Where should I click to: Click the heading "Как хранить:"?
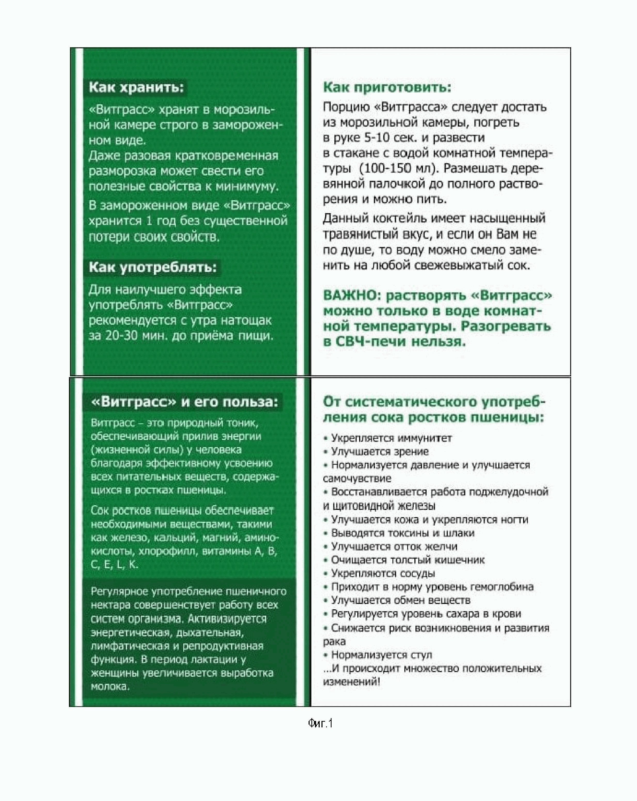[136, 88]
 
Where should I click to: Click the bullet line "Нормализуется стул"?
[381, 655]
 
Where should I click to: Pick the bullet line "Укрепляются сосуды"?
[383, 573]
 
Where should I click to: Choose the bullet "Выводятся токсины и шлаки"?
[403, 533]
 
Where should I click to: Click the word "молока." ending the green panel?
[110, 687]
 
